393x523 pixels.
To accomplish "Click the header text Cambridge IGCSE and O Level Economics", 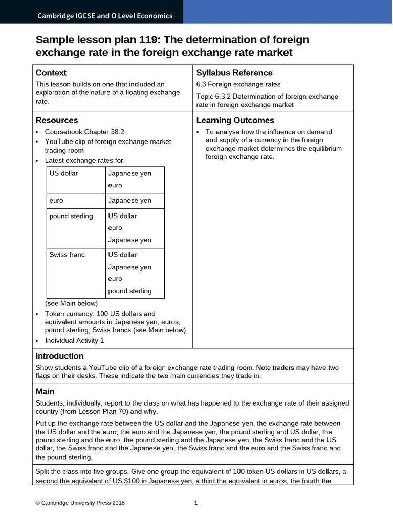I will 105,16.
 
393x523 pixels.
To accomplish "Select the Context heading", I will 51,73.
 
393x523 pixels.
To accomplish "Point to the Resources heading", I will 56,120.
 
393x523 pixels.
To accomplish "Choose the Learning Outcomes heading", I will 235,120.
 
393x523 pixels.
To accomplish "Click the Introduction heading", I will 59,356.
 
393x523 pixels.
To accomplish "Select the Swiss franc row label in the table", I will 67,255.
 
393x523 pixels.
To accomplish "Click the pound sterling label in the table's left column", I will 71,216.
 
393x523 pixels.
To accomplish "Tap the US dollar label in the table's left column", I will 63,173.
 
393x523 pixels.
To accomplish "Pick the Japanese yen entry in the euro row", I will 129,201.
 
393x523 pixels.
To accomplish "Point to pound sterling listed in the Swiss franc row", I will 129,291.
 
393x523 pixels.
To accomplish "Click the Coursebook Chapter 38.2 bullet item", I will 84,132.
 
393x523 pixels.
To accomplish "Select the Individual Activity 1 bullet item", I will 74,340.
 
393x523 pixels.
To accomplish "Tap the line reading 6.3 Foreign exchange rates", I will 238,84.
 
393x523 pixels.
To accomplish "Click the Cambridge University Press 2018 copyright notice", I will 80,503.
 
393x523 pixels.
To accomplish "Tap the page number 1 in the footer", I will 196,503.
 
